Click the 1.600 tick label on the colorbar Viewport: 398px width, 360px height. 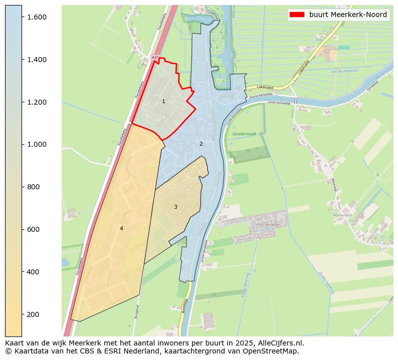click(37, 17)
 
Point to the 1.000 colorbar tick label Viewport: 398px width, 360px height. click(37, 145)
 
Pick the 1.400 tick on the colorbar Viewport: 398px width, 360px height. click(37, 60)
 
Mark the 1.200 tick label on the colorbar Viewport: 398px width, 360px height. click(37, 102)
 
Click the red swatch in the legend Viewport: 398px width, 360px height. click(297, 15)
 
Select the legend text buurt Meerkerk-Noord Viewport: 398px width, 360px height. click(348, 15)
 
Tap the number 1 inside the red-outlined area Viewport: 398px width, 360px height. click(163, 102)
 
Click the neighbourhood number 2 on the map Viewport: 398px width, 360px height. click(201, 144)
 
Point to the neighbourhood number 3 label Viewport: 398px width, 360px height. click(175, 207)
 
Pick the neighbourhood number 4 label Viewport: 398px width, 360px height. click(121, 228)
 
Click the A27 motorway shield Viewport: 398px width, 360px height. click(155, 58)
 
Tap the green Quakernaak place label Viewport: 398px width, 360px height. click(244, 134)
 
